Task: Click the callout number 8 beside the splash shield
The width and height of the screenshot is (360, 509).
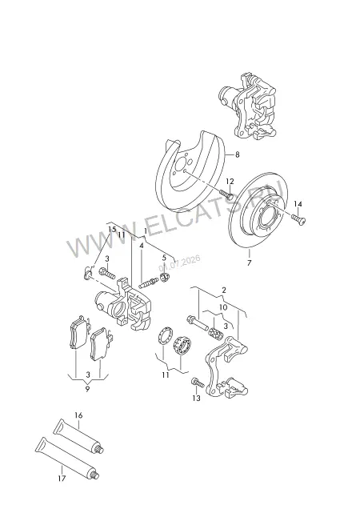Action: pyautogui.click(x=238, y=154)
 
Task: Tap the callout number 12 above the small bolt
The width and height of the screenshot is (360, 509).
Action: pyautogui.click(x=230, y=181)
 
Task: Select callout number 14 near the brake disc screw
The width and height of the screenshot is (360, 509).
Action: pyautogui.click(x=298, y=204)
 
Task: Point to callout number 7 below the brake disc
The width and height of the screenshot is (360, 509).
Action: pyautogui.click(x=249, y=263)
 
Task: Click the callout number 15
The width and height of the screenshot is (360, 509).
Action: pyautogui.click(x=112, y=229)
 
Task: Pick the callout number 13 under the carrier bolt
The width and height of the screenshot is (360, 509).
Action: pyautogui.click(x=196, y=398)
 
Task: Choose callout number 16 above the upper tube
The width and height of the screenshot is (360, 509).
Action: pyautogui.click(x=78, y=415)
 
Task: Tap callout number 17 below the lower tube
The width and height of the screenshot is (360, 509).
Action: pyautogui.click(x=62, y=478)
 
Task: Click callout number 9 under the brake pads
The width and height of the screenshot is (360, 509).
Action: pyautogui.click(x=87, y=389)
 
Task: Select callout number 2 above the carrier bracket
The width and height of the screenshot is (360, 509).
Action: pyautogui.click(x=224, y=291)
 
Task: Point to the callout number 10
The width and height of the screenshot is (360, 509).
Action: pyautogui.click(x=223, y=307)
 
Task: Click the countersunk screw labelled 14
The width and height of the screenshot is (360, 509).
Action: pyautogui.click(x=298, y=219)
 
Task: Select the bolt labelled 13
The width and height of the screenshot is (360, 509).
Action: pyautogui.click(x=198, y=383)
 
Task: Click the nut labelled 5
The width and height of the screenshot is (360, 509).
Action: pyautogui.click(x=165, y=278)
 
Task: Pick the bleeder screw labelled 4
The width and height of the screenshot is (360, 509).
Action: pyautogui.click(x=149, y=283)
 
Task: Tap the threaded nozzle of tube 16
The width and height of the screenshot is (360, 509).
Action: pyautogui.click(x=101, y=451)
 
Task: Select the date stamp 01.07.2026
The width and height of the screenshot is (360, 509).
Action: pyautogui.click(x=179, y=263)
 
